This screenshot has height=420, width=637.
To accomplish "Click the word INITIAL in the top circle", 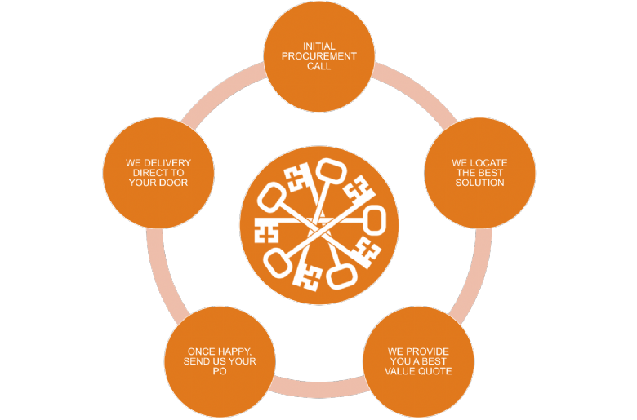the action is coord(318,46).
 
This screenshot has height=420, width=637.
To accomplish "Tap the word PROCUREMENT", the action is coord(318,56).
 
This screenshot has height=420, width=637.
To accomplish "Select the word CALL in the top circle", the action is coord(318,66).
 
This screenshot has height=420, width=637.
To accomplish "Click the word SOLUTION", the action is coord(479,183).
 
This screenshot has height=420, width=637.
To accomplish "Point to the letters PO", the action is coord(220,371).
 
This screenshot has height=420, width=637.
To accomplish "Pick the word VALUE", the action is coord(400,371).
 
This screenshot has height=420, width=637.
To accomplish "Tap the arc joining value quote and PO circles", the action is coord(318,389).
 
